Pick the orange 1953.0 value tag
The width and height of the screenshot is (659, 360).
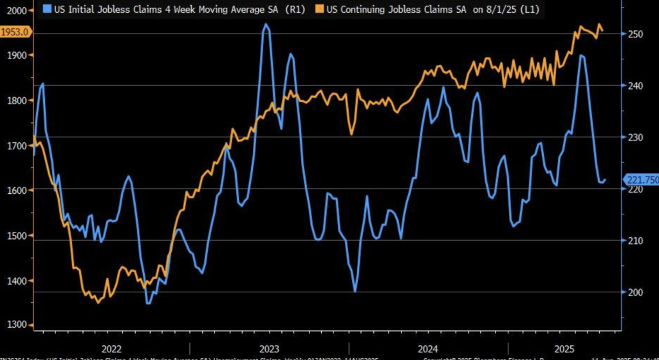click(x=15, y=33)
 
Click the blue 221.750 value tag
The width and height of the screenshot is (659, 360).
click(x=641, y=181)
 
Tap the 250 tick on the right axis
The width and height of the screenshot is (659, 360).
click(x=635, y=33)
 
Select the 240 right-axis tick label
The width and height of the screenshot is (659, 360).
click(x=635, y=86)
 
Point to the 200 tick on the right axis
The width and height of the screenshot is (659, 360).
click(x=635, y=292)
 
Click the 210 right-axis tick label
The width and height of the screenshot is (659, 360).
click(x=635, y=241)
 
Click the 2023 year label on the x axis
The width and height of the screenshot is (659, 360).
click(x=269, y=348)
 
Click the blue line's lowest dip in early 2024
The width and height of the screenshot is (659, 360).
click(x=355, y=291)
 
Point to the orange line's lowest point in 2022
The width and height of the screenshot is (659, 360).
click(x=97, y=302)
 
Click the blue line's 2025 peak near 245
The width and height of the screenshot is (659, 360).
click(x=581, y=55)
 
